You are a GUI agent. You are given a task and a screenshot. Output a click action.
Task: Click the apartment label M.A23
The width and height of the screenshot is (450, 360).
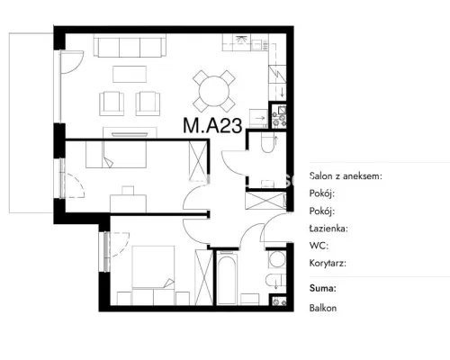[x=212, y=125]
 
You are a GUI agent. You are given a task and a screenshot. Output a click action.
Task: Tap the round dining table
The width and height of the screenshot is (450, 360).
[x=214, y=91]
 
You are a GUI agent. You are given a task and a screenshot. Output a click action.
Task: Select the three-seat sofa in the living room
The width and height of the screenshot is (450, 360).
[x=130, y=45]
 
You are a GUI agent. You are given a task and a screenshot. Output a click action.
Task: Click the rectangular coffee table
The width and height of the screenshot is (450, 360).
[x=130, y=74]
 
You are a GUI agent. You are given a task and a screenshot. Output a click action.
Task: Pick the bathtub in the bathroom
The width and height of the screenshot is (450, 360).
[x=227, y=278]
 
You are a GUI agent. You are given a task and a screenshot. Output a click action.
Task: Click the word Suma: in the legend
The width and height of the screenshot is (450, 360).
[x=322, y=288]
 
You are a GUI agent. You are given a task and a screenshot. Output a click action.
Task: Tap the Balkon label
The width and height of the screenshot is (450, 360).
[x=323, y=308]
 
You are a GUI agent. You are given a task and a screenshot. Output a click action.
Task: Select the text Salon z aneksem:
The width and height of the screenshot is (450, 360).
[x=346, y=176]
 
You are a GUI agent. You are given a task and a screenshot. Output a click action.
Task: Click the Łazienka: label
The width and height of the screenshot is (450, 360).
[x=328, y=229]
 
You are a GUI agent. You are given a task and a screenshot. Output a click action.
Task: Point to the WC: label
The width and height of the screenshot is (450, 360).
[x=319, y=246]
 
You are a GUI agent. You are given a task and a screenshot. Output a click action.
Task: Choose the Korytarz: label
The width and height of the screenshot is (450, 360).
[x=328, y=264]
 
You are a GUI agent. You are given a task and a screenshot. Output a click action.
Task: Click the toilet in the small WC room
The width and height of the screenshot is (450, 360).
[x=266, y=143]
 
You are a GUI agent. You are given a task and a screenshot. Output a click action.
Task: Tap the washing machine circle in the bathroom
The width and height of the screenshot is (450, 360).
[x=276, y=259]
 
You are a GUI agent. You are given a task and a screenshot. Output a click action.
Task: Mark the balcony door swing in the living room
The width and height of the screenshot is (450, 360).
[x=71, y=62]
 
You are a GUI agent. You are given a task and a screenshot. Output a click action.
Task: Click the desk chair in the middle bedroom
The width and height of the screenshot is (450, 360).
[x=128, y=191]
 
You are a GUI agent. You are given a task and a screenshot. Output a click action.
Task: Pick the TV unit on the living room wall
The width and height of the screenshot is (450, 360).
[x=130, y=132]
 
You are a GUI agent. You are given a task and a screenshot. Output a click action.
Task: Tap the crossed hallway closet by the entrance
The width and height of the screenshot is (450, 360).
[x=265, y=201]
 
